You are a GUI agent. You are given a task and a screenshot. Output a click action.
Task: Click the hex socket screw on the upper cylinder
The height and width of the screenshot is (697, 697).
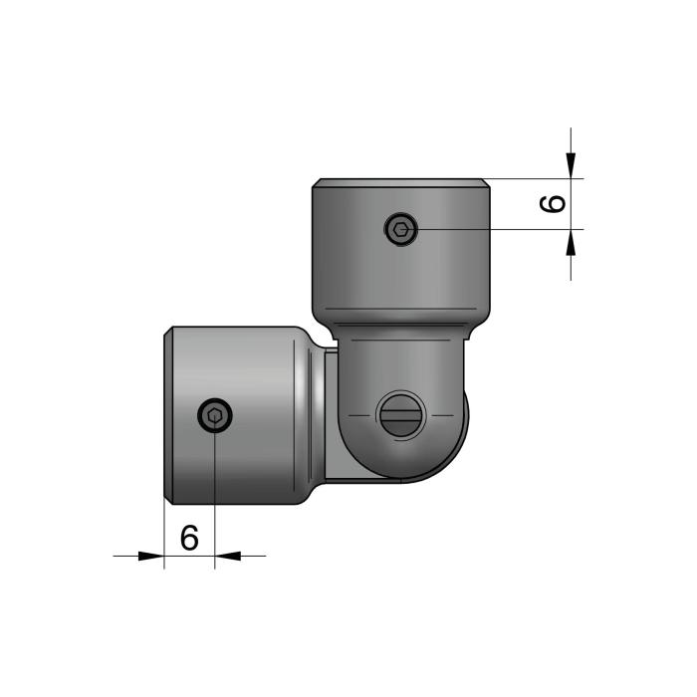400,230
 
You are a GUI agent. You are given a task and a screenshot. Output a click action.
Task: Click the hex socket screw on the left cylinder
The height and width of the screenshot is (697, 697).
214,415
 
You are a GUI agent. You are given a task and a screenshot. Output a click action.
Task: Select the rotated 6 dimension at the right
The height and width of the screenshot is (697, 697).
554,204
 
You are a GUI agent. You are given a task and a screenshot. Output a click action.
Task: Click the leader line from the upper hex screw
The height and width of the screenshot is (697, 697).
498,230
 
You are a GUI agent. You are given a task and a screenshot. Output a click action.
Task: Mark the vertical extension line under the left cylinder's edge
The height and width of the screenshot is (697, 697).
163,533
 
